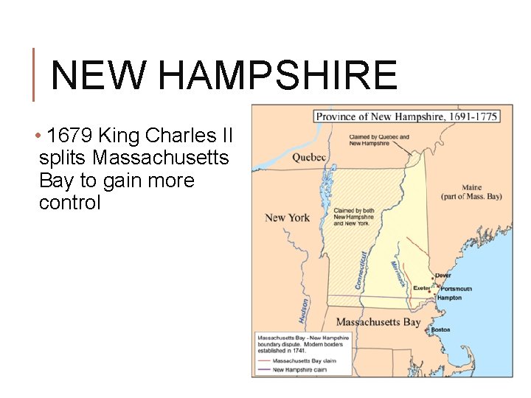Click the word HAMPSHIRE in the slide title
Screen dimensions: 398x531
(277, 75)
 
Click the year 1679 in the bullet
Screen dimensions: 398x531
(70, 136)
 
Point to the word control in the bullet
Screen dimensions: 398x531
(69, 203)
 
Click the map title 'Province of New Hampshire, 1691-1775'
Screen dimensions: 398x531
(406, 116)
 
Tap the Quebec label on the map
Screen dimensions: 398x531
(308, 157)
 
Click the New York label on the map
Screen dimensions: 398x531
(287, 217)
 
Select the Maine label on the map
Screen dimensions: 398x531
(471, 189)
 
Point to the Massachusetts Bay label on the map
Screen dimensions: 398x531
(378, 322)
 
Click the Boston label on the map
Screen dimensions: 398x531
(440, 329)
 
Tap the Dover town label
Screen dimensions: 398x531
(442, 275)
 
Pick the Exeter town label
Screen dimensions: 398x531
(421, 288)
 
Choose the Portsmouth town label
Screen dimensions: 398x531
(456, 288)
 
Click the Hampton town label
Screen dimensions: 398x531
(448, 298)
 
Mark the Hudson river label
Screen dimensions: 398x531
(303, 310)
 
